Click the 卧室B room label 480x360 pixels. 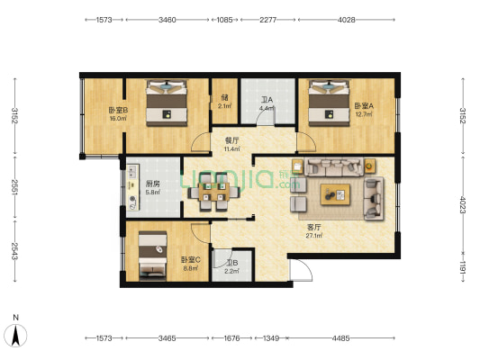click(118, 110)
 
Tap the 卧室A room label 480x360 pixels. click(364, 106)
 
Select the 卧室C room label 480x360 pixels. click(191, 260)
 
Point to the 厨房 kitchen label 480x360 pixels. click(153, 184)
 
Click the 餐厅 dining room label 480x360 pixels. click(231, 140)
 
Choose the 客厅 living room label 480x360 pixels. click(314, 228)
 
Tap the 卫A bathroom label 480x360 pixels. click(267, 100)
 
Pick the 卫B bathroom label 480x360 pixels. click(232, 263)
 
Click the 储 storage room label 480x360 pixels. click(225, 98)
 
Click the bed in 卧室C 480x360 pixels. click(153, 256)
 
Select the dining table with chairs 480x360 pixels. click(213, 192)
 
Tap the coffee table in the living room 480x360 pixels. click(335, 194)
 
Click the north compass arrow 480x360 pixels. click(15, 336)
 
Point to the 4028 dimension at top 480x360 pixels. click(346, 20)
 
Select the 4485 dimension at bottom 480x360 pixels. click(340, 338)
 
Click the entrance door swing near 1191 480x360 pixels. click(301, 270)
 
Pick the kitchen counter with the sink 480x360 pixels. click(133, 187)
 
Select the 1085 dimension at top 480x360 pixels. click(225, 20)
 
